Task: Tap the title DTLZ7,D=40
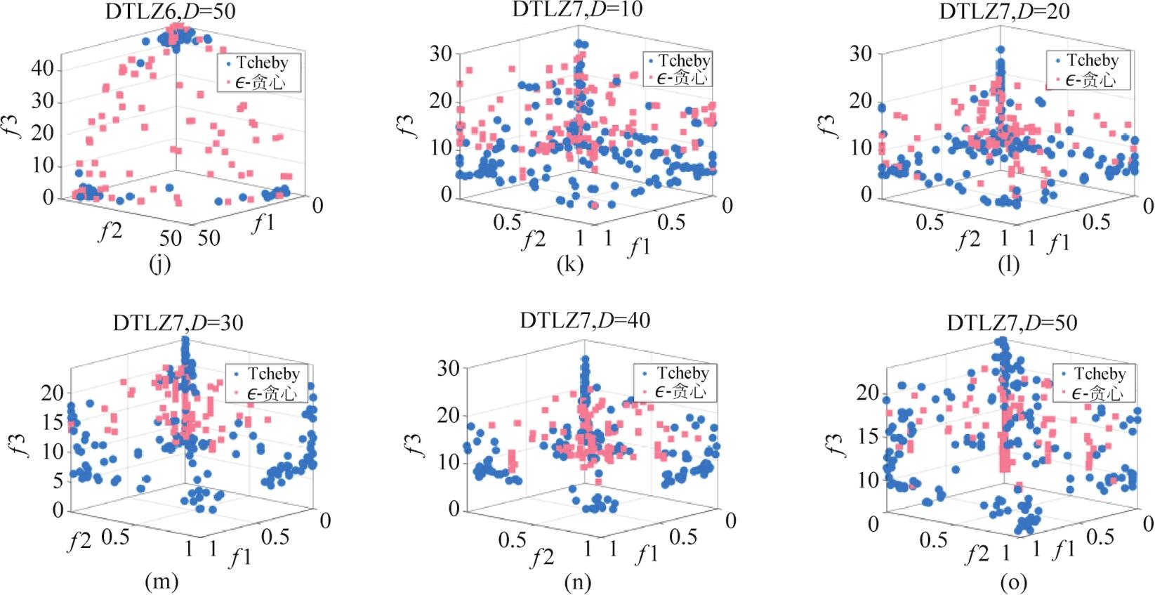click(585, 320)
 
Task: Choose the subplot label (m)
click(161, 582)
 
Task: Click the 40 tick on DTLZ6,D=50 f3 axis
click(42, 69)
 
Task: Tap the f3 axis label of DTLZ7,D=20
click(831, 124)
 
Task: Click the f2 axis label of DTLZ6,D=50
click(110, 230)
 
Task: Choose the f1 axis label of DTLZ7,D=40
click(647, 555)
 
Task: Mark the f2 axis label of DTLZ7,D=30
click(79, 542)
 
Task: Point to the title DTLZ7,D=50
click(1012, 323)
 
